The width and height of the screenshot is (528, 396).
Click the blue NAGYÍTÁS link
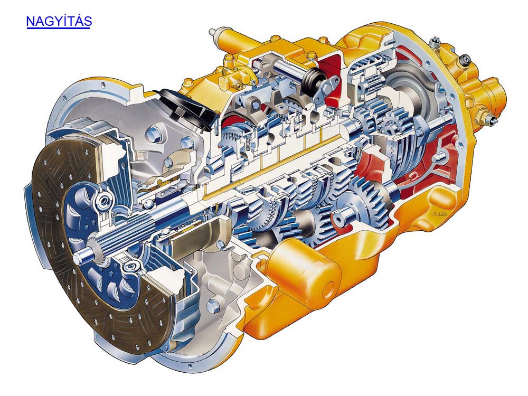(x=59, y=21)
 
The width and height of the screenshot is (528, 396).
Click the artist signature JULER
(x=438, y=213)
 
